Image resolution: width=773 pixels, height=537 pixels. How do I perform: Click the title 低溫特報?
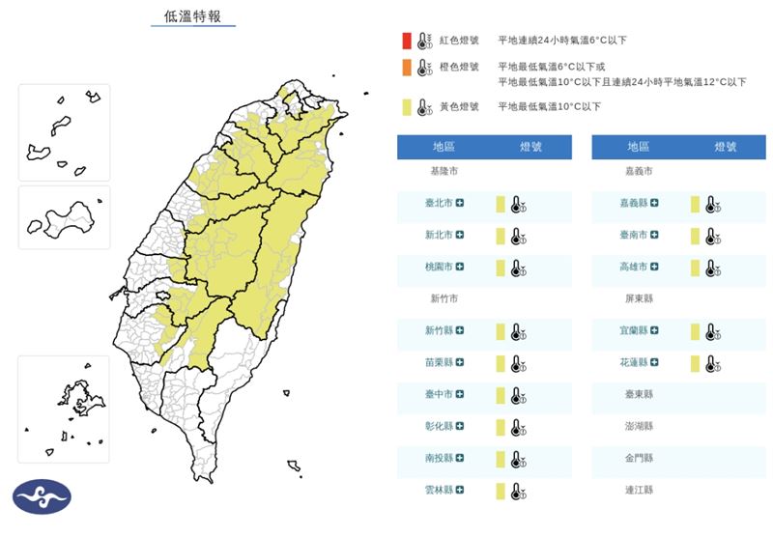pyautogui.click(x=192, y=16)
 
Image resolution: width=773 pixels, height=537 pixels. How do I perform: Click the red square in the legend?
pyautogui.click(x=408, y=41)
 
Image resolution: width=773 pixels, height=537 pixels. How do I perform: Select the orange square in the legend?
pyautogui.click(x=408, y=68)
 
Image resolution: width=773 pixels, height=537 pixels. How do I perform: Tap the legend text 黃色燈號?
pyautogui.click(x=459, y=106)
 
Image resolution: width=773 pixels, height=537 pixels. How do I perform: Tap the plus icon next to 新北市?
pyautogui.click(x=460, y=235)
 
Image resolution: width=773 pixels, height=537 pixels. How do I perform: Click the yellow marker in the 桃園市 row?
pyautogui.click(x=501, y=267)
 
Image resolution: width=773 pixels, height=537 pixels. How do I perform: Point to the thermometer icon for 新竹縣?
pyautogui.click(x=518, y=331)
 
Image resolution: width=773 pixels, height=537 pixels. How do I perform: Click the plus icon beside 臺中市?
pyautogui.click(x=460, y=394)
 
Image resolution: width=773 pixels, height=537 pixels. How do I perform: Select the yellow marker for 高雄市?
pyautogui.click(x=695, y=267)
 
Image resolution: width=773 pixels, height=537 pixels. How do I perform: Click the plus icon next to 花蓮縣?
pyautogui.click(x=655, y=363)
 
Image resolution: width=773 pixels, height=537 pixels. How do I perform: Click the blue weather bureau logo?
pyautogui.click(x=42, y=496)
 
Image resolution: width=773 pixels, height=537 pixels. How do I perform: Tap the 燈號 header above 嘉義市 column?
pyautogui.click(x=726, y=147)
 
